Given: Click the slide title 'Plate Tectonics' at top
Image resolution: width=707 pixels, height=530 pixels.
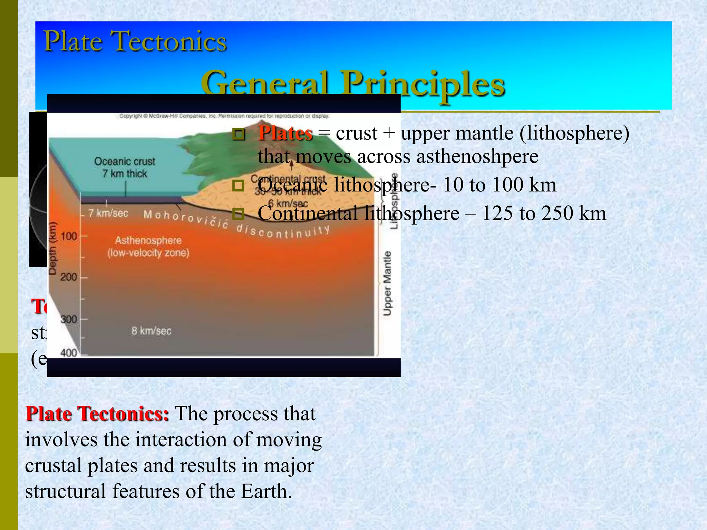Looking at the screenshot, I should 135,41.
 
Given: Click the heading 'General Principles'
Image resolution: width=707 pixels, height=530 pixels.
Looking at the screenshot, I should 353,84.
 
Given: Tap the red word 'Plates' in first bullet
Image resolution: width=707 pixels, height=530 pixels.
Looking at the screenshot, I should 285,133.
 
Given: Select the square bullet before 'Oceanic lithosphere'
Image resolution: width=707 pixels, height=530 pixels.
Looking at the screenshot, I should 238,186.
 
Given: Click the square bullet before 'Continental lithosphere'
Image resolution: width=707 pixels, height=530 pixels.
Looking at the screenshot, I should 238,214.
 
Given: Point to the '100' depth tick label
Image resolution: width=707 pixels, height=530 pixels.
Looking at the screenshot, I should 68,237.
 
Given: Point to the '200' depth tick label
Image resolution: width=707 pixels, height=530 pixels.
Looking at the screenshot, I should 68,277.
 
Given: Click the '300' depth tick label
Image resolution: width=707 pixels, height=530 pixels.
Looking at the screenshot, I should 68,320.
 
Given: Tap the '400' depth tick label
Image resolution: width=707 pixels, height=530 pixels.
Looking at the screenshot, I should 68,353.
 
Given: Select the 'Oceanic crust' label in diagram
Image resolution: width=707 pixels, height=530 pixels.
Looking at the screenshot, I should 125,161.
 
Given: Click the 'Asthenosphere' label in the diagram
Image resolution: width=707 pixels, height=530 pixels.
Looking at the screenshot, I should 148,240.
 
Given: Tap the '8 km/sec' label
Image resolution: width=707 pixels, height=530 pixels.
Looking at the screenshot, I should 151,331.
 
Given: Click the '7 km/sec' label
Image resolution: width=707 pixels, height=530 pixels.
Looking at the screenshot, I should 108,213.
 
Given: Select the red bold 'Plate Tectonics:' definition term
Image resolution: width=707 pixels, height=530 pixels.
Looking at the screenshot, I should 97,414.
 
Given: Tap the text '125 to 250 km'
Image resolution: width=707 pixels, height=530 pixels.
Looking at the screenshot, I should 544,214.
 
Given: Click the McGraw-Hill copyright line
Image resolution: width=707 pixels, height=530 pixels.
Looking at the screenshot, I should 224,116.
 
